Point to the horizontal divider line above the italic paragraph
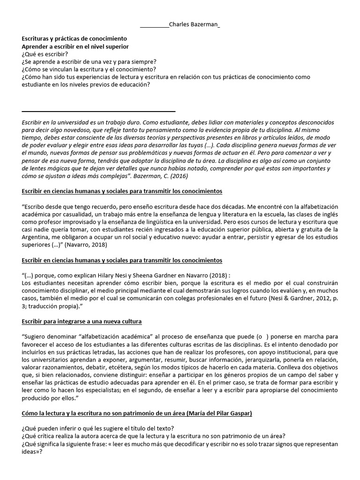[x=98, y=112]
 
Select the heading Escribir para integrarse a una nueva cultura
[x=82, y=322]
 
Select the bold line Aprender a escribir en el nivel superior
[x=75, y=47]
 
